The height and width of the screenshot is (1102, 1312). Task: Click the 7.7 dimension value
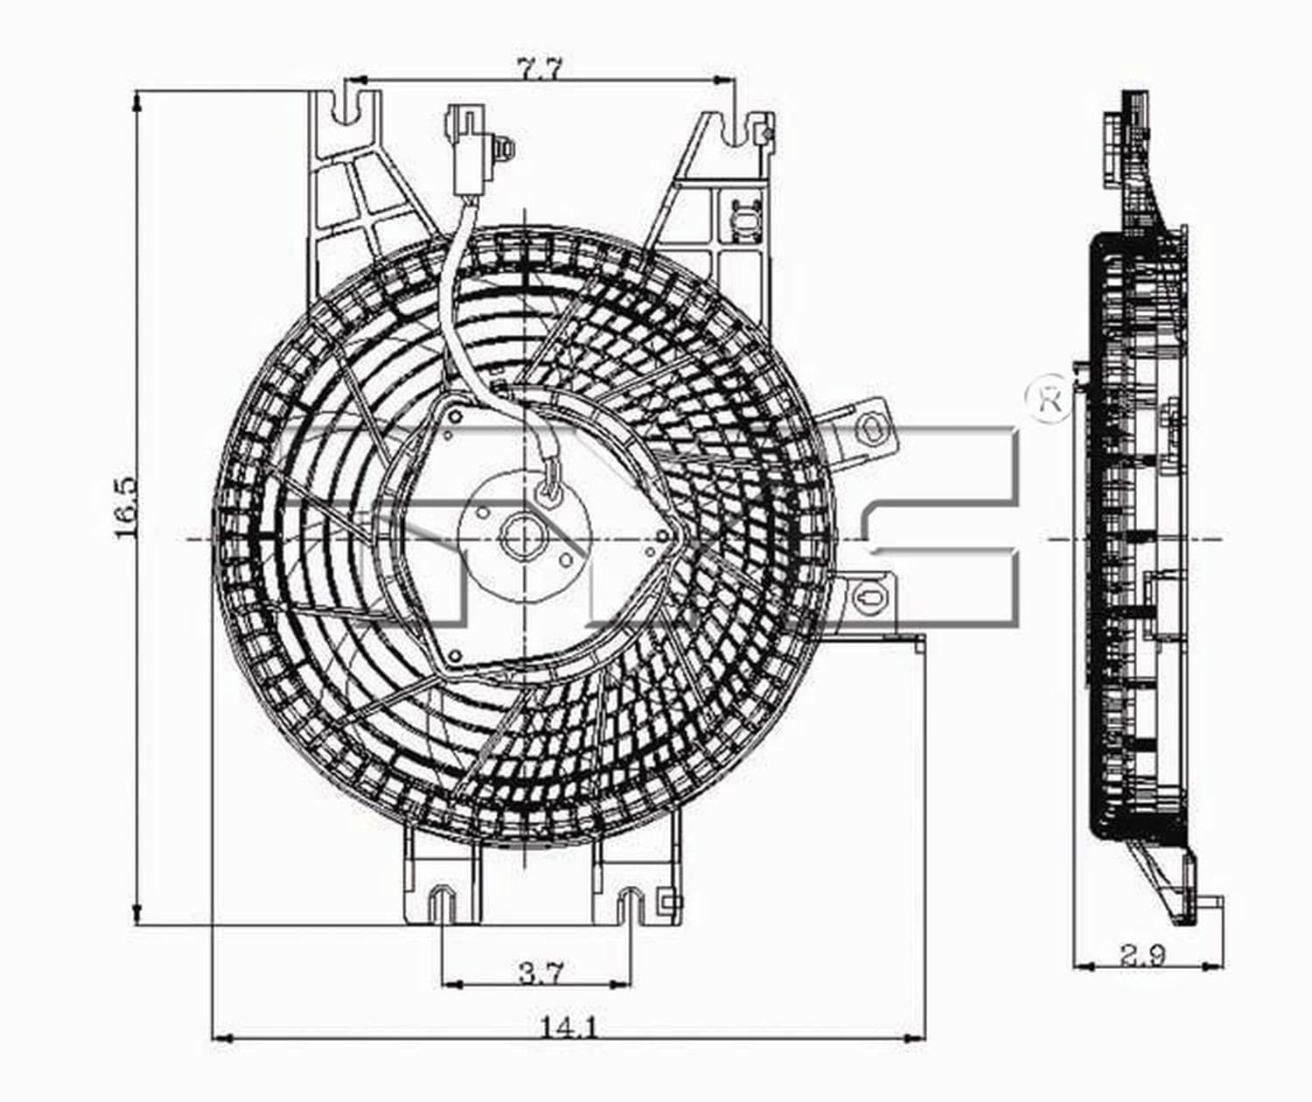(541, 68)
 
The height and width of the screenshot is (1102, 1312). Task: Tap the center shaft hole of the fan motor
(521, 535)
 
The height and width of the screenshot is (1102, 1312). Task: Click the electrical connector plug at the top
(468, 150)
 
